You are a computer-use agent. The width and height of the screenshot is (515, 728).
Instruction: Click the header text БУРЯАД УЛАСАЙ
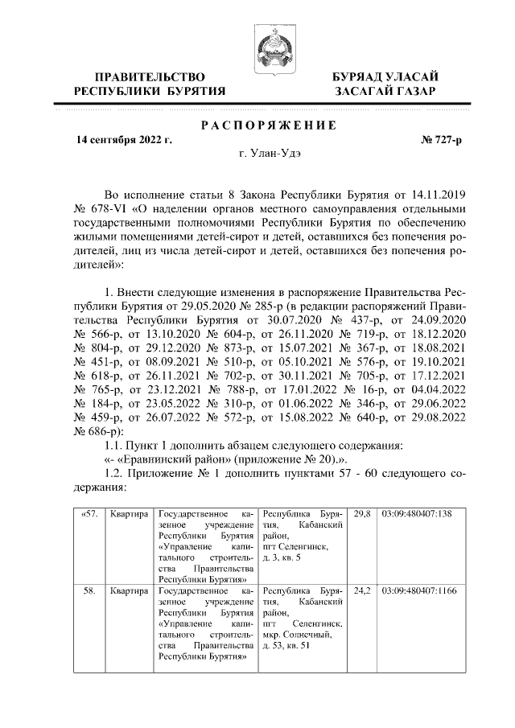(386, 76)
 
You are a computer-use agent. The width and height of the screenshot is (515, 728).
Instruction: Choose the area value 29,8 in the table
(362, 512)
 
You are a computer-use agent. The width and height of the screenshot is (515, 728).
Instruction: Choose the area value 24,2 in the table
(362, 590)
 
